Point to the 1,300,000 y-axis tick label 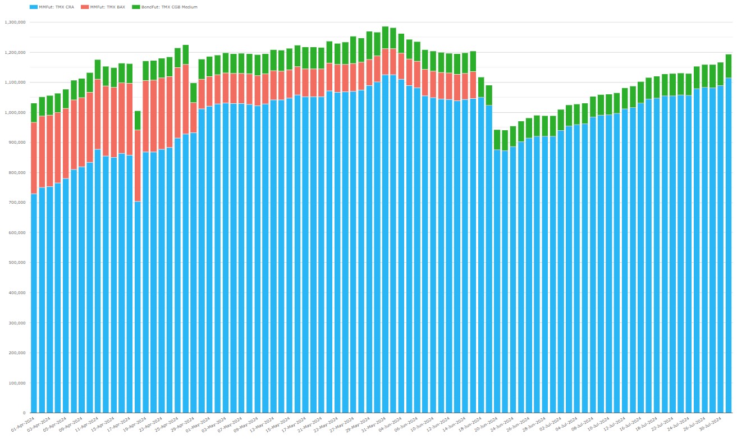click(x=15, y=22)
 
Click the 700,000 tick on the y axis click(x=17, y=203)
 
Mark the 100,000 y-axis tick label click(x=17, y=383)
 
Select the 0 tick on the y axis click(x=24, y=413)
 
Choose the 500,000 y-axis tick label click(x=17, y=263)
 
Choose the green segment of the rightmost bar click(x=728, y=66)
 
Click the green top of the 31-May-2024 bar click(x=385, y=38)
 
